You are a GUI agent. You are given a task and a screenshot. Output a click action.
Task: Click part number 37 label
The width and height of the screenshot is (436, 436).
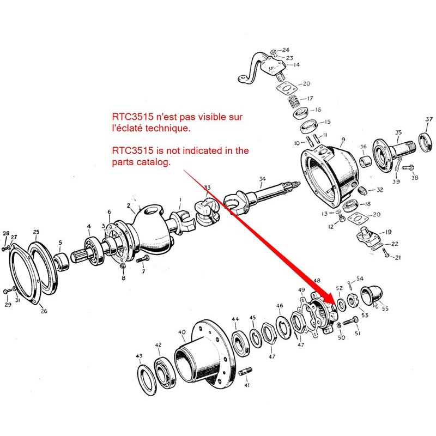[429, 119]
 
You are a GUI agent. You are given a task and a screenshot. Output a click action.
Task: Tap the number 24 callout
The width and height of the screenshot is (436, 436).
[286, 50]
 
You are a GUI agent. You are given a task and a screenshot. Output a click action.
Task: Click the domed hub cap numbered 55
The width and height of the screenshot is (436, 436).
[372, 295]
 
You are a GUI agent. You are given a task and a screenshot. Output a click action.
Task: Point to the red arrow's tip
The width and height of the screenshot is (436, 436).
[336, 305]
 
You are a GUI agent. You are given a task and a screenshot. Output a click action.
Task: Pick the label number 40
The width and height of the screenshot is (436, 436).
[182, 332]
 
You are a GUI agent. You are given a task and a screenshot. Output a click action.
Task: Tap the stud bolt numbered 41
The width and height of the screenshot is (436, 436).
[245, 372]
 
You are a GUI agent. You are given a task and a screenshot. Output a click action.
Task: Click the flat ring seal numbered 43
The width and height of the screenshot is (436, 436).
[147, 380]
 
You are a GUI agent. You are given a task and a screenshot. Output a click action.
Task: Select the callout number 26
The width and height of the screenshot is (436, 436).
[44, 311]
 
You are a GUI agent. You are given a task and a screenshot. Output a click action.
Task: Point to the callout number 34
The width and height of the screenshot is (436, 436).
[262, 179]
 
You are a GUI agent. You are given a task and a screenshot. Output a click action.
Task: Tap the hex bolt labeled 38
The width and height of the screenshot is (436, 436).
[408, 168]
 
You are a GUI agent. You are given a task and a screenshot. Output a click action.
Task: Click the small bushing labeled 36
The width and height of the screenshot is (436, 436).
[366, 161]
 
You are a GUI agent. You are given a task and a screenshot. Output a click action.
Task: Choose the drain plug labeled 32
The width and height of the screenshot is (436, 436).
[362, 190]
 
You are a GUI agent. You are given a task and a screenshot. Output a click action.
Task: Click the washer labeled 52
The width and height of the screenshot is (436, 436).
[342, 305]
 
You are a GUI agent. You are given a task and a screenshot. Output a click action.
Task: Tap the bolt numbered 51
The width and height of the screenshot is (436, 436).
[350, 321]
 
